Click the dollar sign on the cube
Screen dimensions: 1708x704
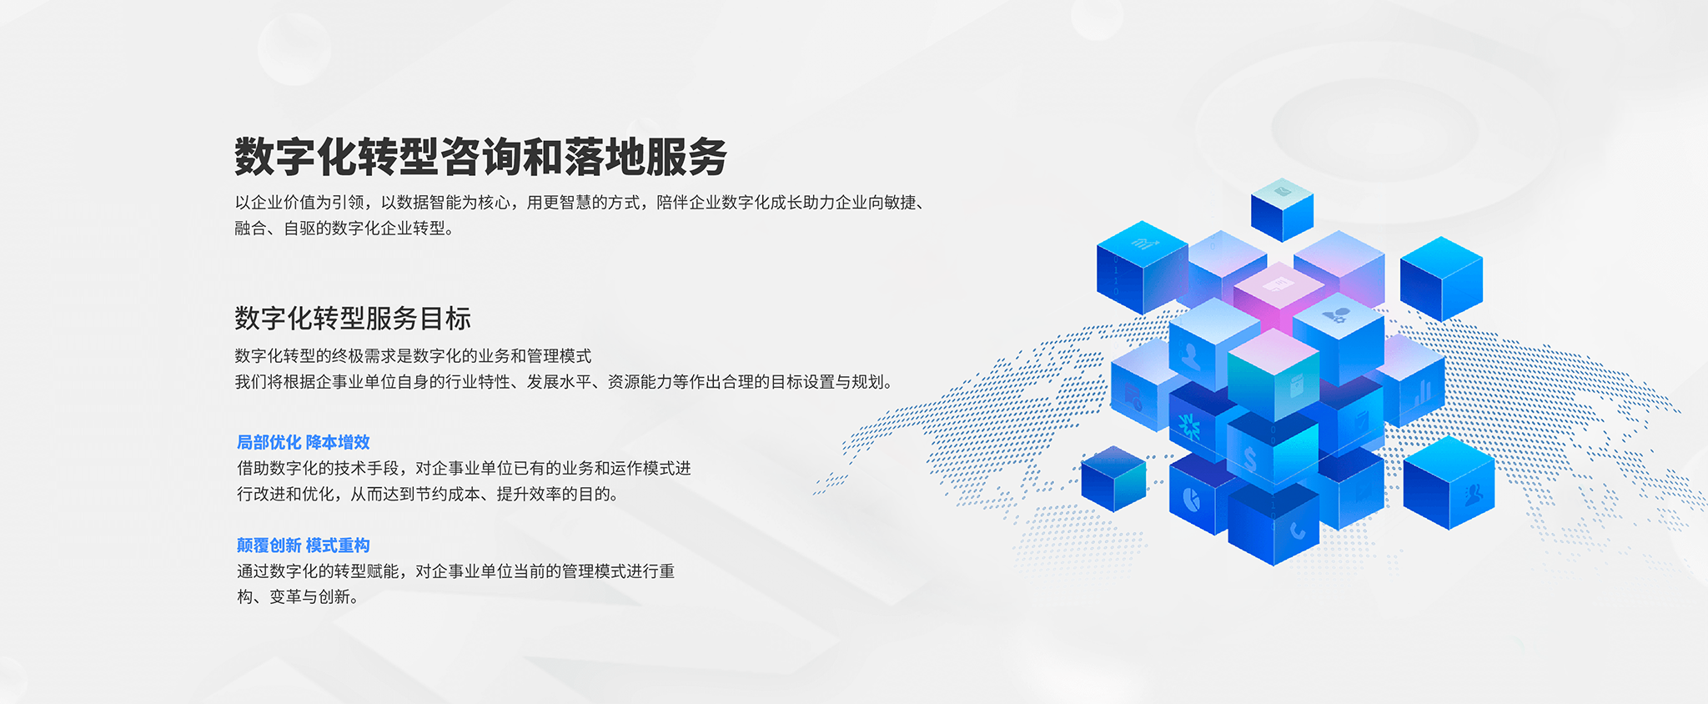[x=1249, y=458]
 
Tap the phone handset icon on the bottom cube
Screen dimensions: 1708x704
[x=1297, y=530]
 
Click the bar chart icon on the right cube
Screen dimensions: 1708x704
[x=1421, y=390]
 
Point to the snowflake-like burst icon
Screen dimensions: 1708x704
[x=1189, y=426]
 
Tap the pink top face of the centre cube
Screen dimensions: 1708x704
[x=1278, y=284]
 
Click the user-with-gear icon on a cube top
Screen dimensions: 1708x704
[x=1337, y=315]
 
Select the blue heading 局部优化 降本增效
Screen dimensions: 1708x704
[x=304, y=442]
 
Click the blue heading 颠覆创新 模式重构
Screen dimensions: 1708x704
[x=304, y=546]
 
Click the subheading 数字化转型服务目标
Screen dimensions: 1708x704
[x=353, y=318]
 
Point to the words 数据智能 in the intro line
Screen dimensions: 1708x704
[x=430, y=203]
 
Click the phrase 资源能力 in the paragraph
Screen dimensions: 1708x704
[x=640, y=382]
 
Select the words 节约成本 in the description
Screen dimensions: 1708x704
[x=448, y=494]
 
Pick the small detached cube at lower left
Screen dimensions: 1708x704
[x=1113, y=479]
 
